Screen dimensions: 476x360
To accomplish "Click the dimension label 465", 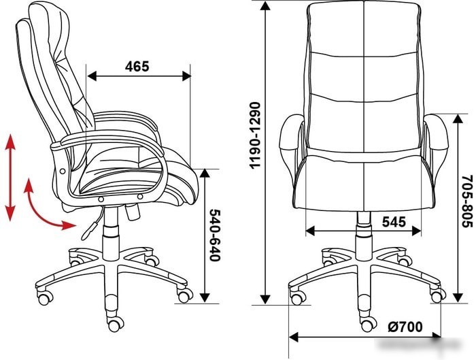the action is pyautogui.click(x=137, y=66).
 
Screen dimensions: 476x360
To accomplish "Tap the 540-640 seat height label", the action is pyautogui.click(x=215, y=235).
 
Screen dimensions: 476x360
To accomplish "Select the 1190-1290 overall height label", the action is pyautogui.click(x=254, y=135).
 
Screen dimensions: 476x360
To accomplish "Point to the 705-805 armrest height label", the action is pyautogui.click(x=467, y=201).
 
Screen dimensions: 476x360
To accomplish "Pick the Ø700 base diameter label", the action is pyautogui.click(x=405, y=327).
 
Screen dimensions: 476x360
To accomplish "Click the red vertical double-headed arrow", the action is pyautogui.click(x=11, y=178).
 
